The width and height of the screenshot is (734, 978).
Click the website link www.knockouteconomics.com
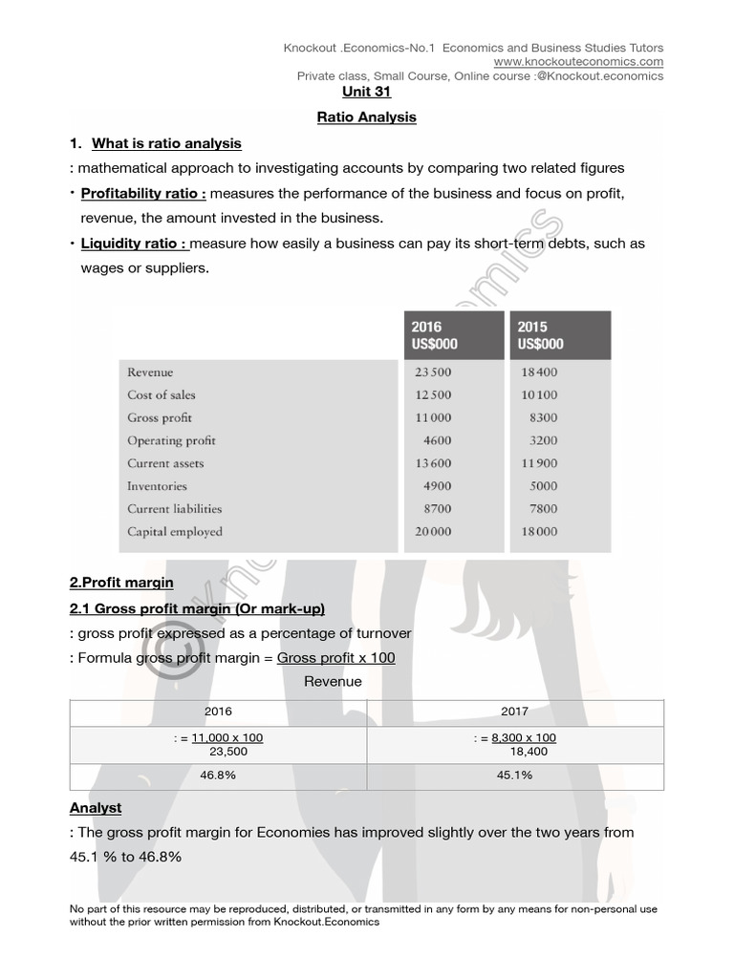pyautogui.click(x=578, y=62)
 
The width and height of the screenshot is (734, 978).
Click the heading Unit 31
pyautogui.click(x=367, y=93)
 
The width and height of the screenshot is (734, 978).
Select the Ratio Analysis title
pyautogui.click(x=367, y=117)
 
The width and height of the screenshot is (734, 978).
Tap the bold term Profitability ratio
pyautogui.click(x=143, y=194)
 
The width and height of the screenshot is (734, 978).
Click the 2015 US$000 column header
pyautogui.click(x=559, y=335)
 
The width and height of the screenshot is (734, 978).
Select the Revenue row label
pyautogui.click(x=150, y=372)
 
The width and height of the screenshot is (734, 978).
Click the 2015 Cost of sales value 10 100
pyautogui.click(x=538, y=395)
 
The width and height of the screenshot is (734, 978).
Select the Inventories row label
pyautogui.click(x=157, y=486)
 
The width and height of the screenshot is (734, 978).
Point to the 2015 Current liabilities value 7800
pyautogui.click(x=543, y=509)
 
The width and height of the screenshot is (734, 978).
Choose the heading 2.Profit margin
pyautogui.click(x=121, y=582)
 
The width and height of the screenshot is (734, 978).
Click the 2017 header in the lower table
pyautogui.click(x=514, y=712)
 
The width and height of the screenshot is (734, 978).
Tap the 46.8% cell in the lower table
pyautogui.click(x=218, y=776)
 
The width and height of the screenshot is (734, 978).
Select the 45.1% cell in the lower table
pyautogui.click(x=514, y=776)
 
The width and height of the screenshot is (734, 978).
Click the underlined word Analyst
pyautogui.click(x=96, y=808)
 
